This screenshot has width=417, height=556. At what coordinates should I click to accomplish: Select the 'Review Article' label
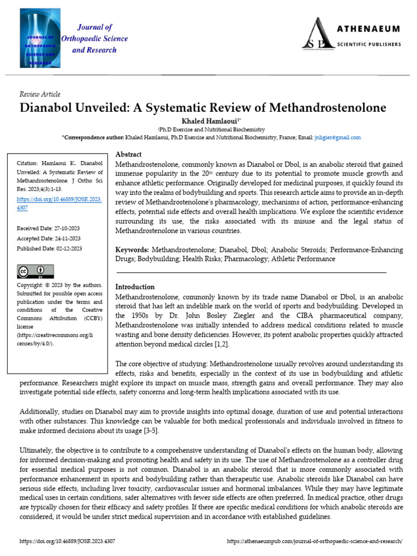40,94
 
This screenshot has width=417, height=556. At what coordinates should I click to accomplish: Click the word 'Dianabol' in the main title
47,108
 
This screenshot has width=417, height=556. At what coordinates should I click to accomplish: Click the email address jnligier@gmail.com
337,138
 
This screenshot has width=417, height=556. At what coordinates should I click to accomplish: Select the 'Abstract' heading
129,154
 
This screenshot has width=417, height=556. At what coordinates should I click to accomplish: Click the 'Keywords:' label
132,250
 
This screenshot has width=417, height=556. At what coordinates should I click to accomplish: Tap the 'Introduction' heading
135,287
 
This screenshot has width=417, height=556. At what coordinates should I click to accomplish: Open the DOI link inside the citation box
59,203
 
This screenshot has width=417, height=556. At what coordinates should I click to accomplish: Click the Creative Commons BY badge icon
35,271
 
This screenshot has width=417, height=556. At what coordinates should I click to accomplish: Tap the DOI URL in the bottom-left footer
67,541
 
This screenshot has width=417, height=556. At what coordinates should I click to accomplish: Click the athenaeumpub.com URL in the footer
314,541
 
